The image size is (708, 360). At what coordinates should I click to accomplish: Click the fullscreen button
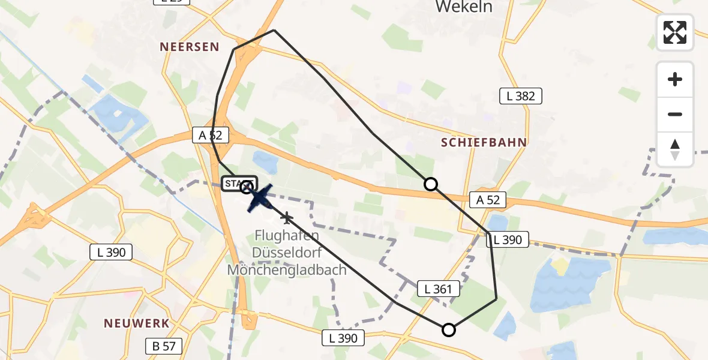[x=675, y=32]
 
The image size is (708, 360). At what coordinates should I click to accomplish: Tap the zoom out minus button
[x=675, y=114]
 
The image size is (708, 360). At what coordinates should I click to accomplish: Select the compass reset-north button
[x=675, y=149]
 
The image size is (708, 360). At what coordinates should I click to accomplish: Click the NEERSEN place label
[x=190, y=47]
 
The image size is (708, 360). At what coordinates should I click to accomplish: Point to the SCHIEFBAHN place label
[x=484, y=142]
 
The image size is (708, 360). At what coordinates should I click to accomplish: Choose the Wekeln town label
[x=464, y=7]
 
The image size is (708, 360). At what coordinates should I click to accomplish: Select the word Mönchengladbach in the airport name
[x=287, y=269]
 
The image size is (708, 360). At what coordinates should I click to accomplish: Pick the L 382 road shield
[x=521, y=96]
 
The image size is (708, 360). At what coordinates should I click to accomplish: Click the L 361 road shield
[x=439, y=289]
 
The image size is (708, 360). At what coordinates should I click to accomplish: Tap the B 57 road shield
[x=163, y=346]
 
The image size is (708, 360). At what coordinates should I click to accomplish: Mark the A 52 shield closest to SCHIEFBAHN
[x=488, y=200]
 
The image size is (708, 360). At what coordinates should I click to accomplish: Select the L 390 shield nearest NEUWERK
[x=112, y=252]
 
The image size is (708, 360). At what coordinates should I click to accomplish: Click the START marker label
[x=239, y=183]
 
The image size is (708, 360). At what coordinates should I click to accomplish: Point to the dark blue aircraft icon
[x=260, y=198]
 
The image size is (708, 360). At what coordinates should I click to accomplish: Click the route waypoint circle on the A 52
[x=431, y=184]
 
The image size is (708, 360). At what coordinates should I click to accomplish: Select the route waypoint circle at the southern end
[x=448, y=329]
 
